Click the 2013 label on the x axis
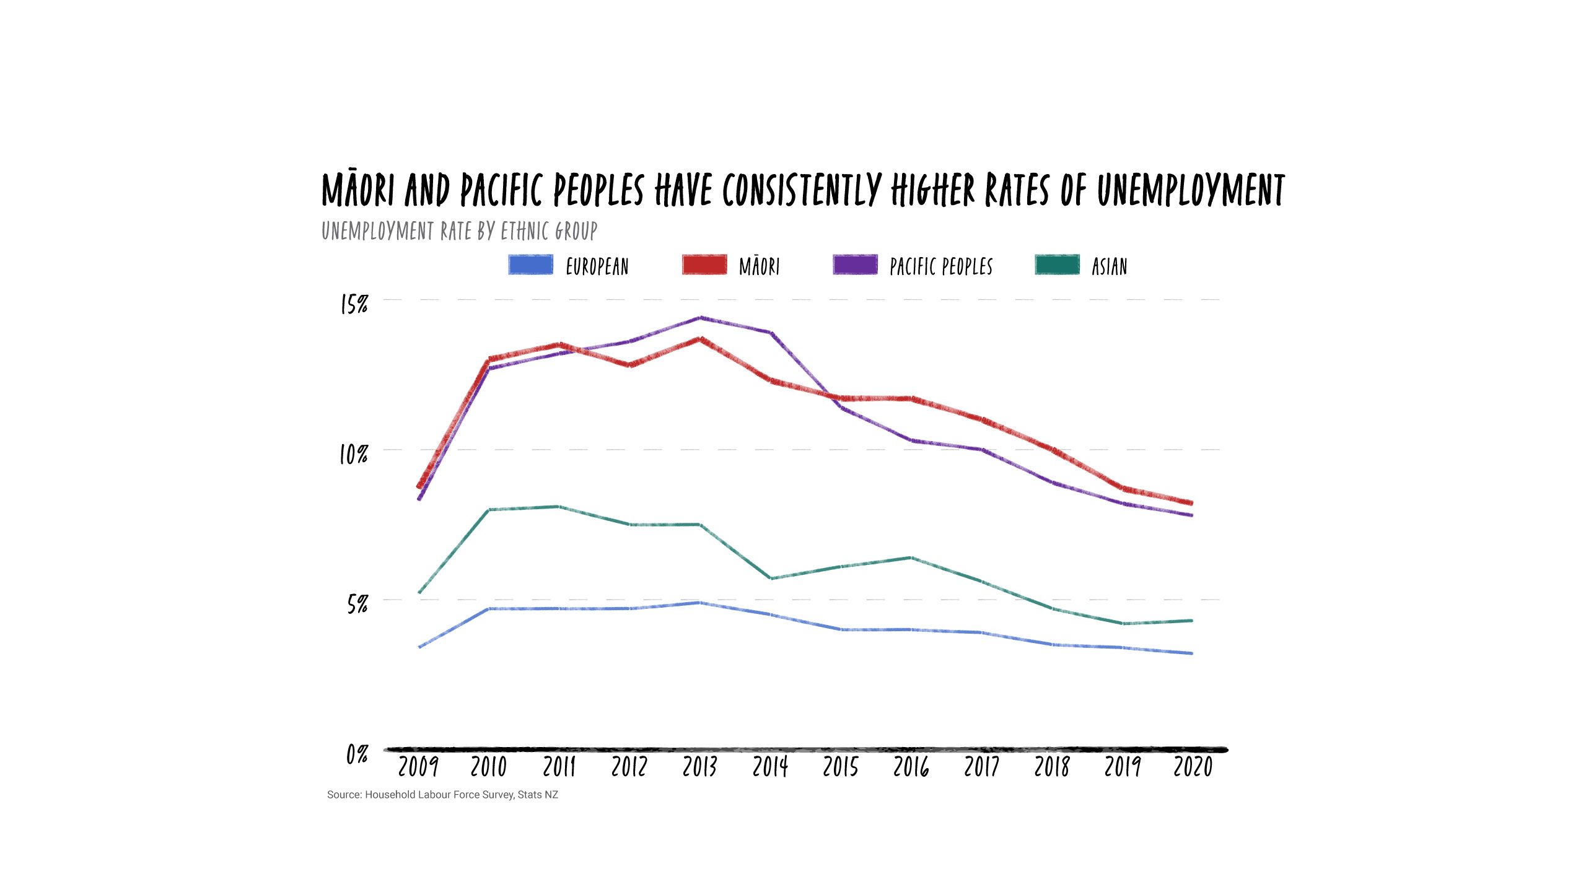(x=699, y=767)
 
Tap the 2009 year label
(x=418, y=767)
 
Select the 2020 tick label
(x=1193, y=767)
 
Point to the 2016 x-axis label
(x=911, y=767)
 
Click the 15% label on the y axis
(x=354, y=304)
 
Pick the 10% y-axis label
(x=354, y=455)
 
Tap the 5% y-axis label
(x=357, y=604)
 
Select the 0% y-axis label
(x=357, y=754)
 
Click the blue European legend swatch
(x=530, y=265)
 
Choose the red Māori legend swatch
(x=704, y=265)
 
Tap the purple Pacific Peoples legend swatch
(x=855, y=265)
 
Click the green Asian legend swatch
(x=1057, y=265)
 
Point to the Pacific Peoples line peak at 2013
(x=700, y=318)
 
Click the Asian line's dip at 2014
(x=770, y=578)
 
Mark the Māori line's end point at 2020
(x=1191, y=503)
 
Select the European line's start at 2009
(x=419, y=647)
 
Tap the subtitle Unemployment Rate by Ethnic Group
(x=459, y=231)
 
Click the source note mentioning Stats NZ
(x=442, y=795)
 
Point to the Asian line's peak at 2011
(x=559, y=507)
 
